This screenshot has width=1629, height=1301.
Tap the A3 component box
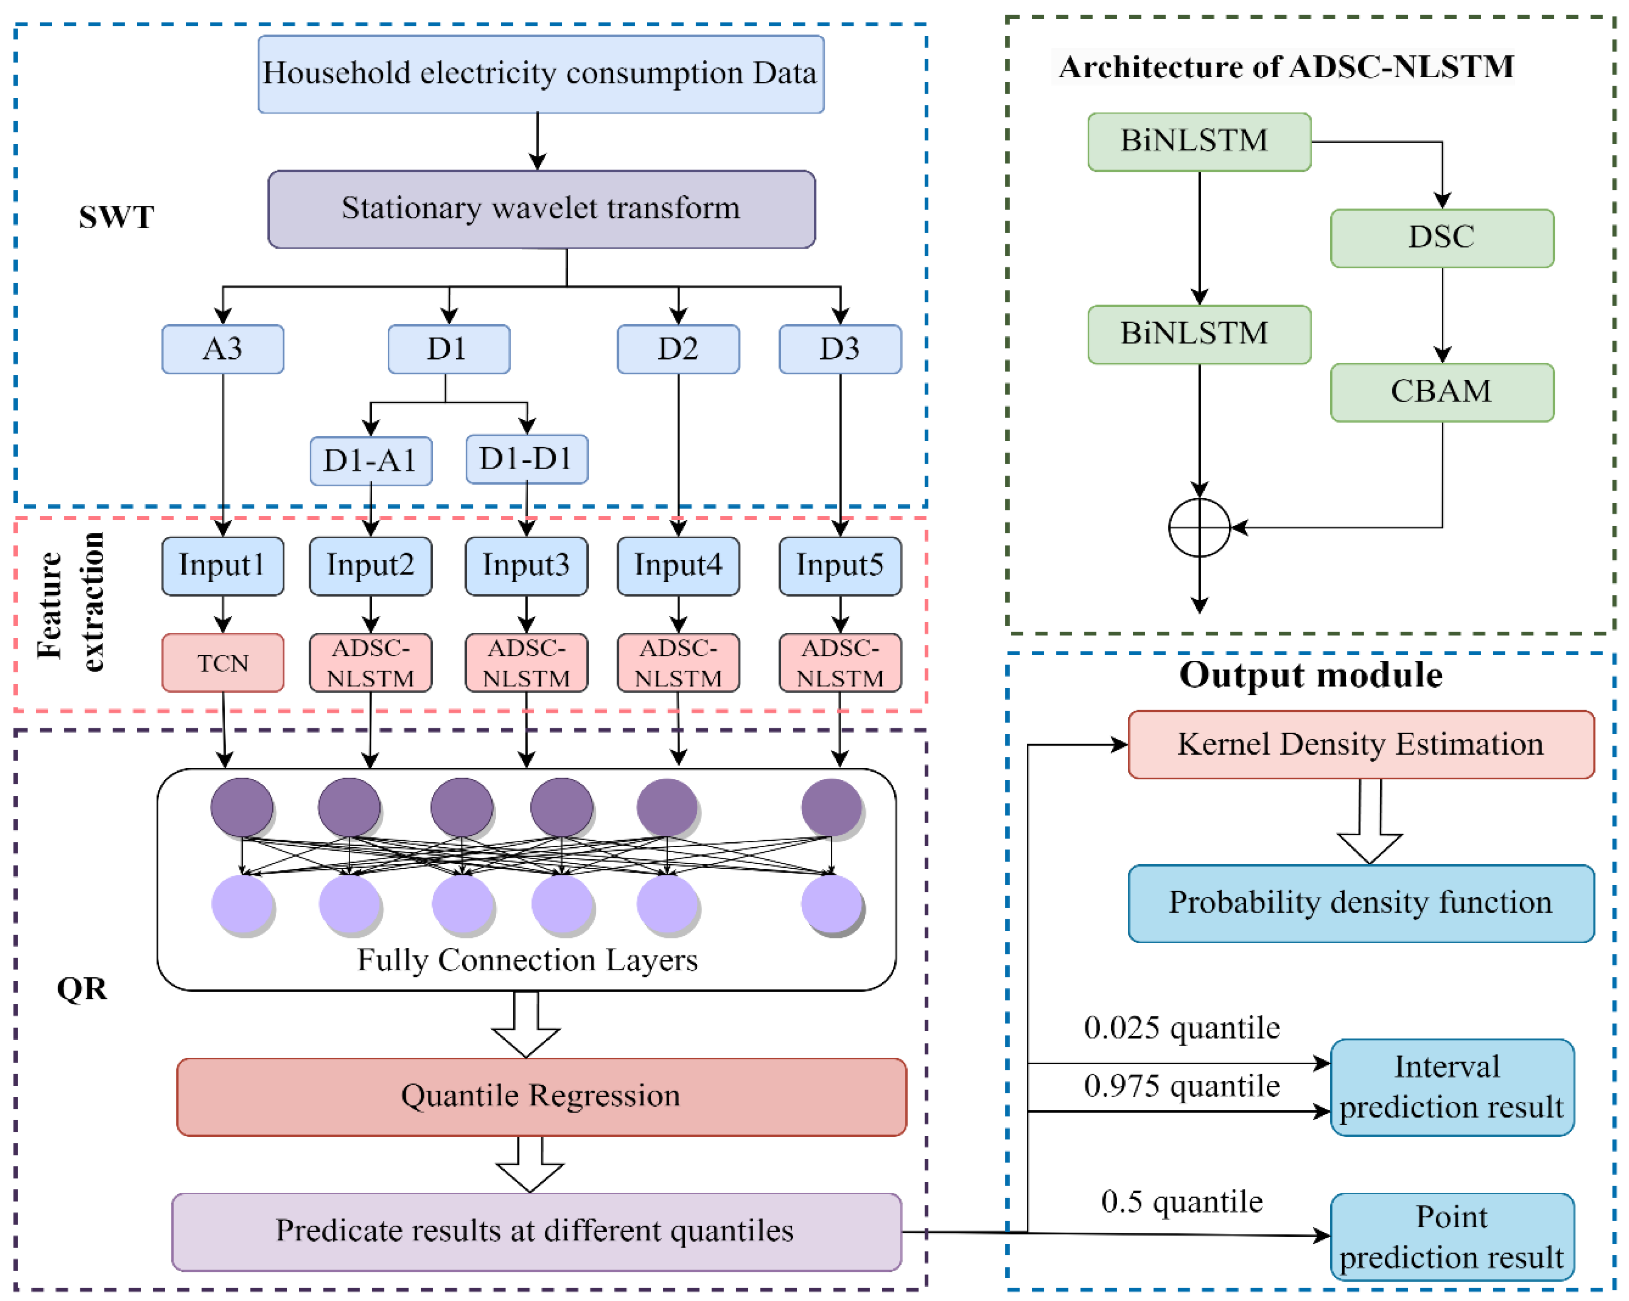pos(223,349)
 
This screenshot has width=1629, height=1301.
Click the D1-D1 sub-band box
pos(527,459)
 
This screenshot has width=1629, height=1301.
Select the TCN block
pos(223,663)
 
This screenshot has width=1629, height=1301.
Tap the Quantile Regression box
pos(541,1096)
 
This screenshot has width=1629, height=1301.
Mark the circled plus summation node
pos(1199,527)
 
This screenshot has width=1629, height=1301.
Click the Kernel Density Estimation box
pos(1361,744)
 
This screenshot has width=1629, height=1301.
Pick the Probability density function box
pos(1361,903)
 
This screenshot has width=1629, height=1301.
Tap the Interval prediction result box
pos(1451,1087)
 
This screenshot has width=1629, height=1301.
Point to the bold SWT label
pos(116,218)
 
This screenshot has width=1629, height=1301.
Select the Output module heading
pos(1311,675)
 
